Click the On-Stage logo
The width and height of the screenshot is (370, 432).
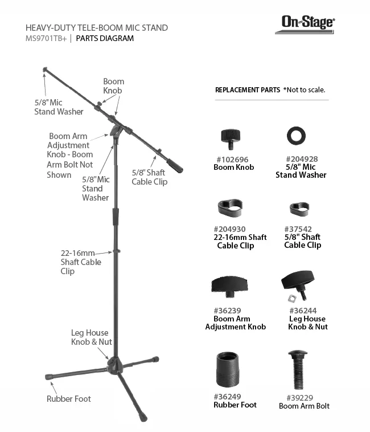click(305, 25)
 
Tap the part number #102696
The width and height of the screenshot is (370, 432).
click(232, 160)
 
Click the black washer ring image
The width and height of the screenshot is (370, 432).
click(296, 136)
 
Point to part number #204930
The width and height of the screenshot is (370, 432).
click(230, 229)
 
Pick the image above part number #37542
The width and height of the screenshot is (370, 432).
click(299, 209)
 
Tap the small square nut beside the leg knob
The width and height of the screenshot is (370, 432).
click(292, 298)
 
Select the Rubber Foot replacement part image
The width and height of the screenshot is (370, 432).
click(228, 369)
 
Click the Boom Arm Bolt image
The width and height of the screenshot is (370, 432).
click(298, 370)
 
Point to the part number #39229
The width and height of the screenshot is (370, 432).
click(300, 398)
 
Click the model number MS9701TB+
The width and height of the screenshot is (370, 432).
click(46, 39)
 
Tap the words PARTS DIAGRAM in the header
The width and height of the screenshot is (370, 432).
click(105, 38)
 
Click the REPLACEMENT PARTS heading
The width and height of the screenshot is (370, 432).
click(248, 90)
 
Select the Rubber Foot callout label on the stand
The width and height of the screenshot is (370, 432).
click(69, 399)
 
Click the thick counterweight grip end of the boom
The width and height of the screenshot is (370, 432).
click(175, 166)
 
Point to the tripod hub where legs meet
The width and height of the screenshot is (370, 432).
click(115, 365)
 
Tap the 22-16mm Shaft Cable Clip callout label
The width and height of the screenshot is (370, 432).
click(81, 262)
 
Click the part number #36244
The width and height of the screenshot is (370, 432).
click(303, 311)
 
